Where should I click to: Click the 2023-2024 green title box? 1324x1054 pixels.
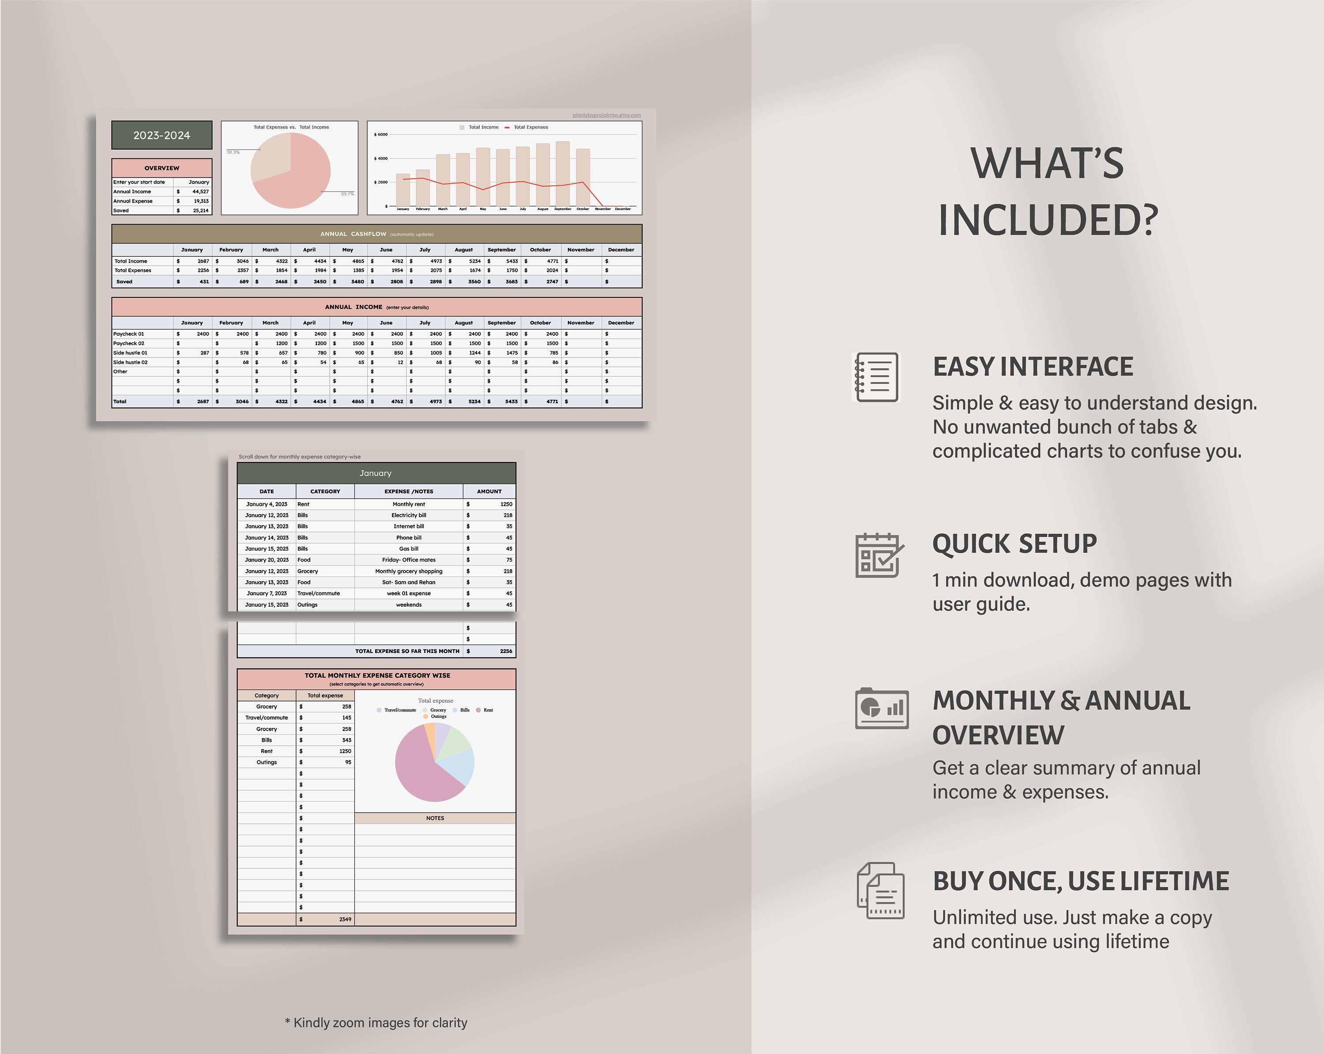(x=162, y=135)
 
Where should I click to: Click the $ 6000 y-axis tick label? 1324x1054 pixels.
(x=381, y=135)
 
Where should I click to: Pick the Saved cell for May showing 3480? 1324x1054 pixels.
(x=357, y=282)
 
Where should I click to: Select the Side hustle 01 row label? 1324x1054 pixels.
(x=130, y=353)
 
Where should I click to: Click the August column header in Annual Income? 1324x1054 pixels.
(x=464, y=323)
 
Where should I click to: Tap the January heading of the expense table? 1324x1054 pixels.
(x=375, y=473)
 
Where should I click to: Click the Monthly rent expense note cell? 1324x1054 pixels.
(x=408, y=504)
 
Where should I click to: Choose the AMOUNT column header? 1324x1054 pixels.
(x=489, y=491)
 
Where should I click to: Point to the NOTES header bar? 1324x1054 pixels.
(x=435, y=818)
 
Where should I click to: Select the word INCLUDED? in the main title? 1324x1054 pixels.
(x=1048, y=220)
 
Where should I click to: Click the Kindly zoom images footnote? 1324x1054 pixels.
(x=376, y=1023)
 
